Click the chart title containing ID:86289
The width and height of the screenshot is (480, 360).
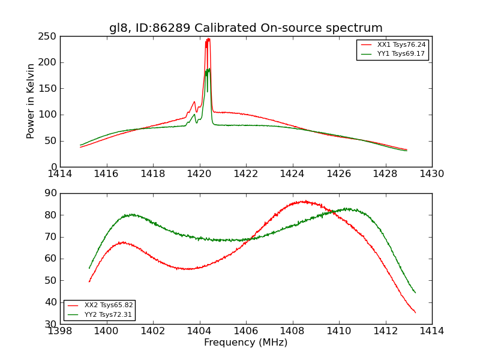coord(245,28)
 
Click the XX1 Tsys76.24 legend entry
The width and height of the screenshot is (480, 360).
coord(401,45)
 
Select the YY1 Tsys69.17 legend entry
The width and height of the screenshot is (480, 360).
coord(401,54)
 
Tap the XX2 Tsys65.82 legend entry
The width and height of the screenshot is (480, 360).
coord(108,305)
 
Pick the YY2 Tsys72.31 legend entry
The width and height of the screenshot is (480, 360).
coord(108,314)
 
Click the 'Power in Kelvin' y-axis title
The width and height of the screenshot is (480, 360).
coord(31,101)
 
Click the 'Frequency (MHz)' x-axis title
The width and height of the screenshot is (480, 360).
coord(245,343)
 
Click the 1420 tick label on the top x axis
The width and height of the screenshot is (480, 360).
coord(199,174)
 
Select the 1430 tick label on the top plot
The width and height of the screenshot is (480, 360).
coord(431,174)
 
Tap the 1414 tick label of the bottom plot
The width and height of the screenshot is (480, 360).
coord(431,331)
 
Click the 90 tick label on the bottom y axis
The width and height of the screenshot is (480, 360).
coord(50,193)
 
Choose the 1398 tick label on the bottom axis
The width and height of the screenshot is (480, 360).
coord(60,331)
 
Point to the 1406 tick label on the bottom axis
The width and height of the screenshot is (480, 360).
coord(245,331)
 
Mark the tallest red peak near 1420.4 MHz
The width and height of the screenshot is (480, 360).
coord(208,39)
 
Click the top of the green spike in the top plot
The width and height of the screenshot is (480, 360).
coord(209,69)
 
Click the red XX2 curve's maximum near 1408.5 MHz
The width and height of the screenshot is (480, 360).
coord(305,202)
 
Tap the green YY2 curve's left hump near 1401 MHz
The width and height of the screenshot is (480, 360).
coord(130,214)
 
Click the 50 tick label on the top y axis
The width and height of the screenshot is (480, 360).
coord(50,141)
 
